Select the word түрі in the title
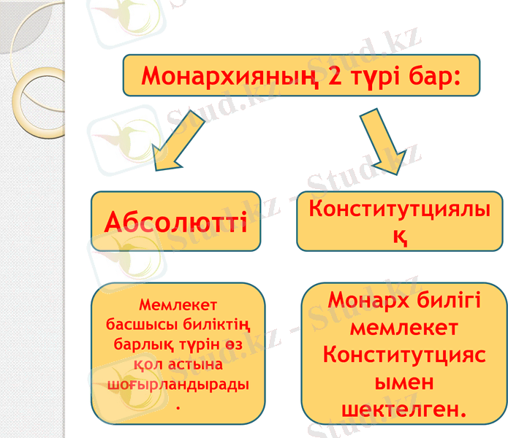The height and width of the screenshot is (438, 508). [384, 75]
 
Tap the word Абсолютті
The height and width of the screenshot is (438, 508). [176, 220]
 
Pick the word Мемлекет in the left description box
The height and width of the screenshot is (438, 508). [178, 304]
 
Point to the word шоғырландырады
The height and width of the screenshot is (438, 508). [178, 383]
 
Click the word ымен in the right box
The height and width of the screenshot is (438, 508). [404, 382]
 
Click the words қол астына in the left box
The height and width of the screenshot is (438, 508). [177, 363]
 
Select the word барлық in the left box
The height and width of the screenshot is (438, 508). [138, 343]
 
